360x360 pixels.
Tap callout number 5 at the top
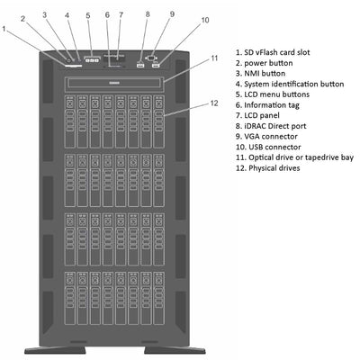(x=88, y=15)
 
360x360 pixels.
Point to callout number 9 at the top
(x=172, y=15)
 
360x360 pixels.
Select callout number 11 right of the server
(x=214, y=58)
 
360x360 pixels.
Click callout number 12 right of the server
(x=214, y=103)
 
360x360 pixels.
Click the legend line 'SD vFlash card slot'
(x=278, y=53)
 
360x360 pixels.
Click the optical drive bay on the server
(x=113, y=83)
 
